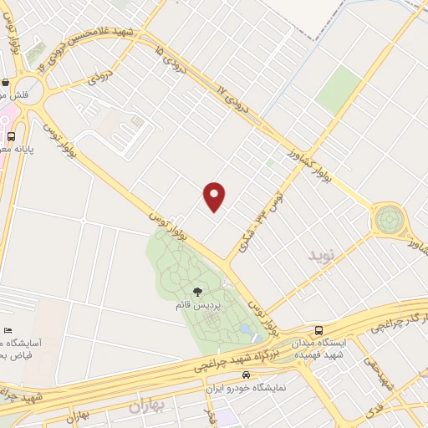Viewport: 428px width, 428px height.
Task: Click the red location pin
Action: point(215,196)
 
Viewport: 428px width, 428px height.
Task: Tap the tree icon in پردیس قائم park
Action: point(197,292)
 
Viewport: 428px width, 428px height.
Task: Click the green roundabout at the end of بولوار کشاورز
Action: point(389,220)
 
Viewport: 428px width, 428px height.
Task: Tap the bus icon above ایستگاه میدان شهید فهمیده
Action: point(318,330)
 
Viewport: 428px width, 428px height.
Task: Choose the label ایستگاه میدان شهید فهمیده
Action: point(319,349)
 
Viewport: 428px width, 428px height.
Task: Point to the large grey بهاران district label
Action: point(150,407)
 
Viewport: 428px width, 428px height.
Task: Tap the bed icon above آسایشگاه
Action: point(8,331)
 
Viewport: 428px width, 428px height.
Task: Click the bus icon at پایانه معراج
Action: point(11,135)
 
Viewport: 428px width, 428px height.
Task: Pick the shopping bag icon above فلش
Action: point(6,83)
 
